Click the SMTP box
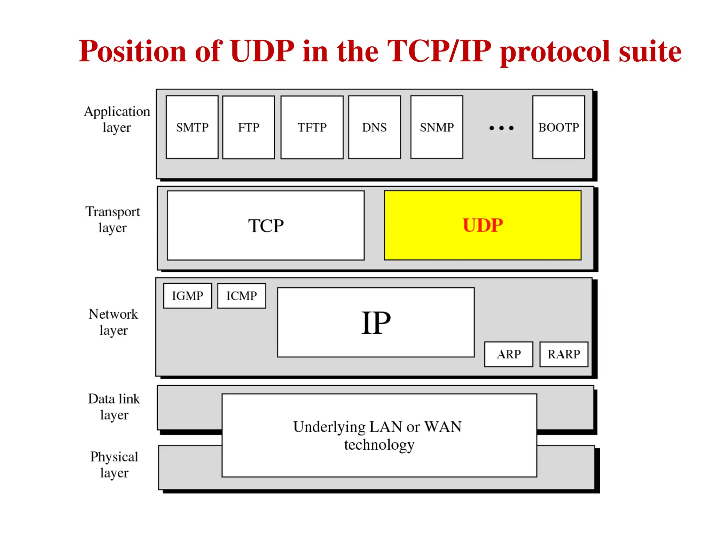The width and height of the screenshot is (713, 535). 192,127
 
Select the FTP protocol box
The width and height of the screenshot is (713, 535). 249,127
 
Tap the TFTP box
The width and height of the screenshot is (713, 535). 312,127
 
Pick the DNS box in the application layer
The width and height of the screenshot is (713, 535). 374,127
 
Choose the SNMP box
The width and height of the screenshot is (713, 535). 437,127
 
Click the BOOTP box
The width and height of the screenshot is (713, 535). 558,127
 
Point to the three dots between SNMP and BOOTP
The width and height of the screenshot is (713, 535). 501,128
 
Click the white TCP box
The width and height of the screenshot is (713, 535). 266,225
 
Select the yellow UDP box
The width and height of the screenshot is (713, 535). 483,225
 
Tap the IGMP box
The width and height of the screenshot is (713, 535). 187,296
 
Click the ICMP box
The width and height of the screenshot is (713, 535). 242,296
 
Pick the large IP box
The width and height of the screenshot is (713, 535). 376,322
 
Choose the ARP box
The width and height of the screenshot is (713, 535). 509,354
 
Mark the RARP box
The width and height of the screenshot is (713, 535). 564,354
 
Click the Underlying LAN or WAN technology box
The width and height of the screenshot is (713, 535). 379,435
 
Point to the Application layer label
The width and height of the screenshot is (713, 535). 117,119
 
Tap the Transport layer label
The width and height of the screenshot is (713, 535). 112,219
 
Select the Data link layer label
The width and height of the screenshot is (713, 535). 114,406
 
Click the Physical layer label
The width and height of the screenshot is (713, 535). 114,464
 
